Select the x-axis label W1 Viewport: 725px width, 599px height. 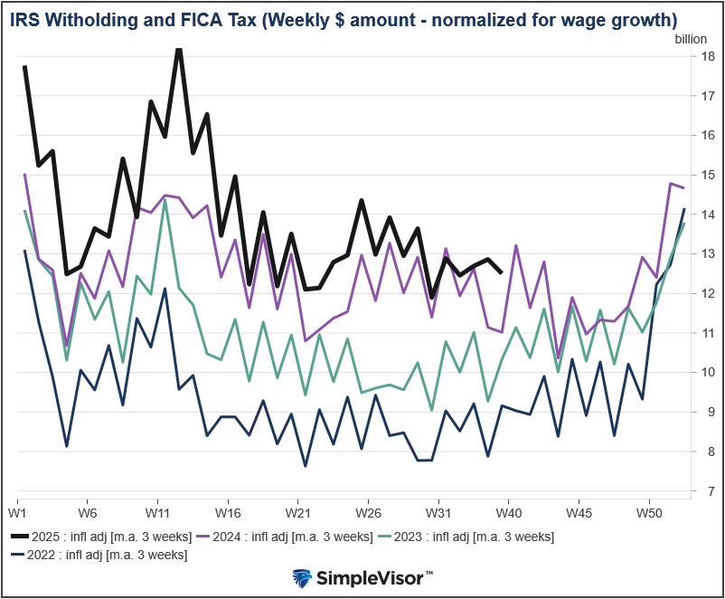coord(18,511)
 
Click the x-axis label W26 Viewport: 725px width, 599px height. coord(368,511)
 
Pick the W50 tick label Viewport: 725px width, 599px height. coord(648,511)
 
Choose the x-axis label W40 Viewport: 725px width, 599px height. coord(508,511)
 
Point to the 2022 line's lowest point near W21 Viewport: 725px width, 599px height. coord(305,466)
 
